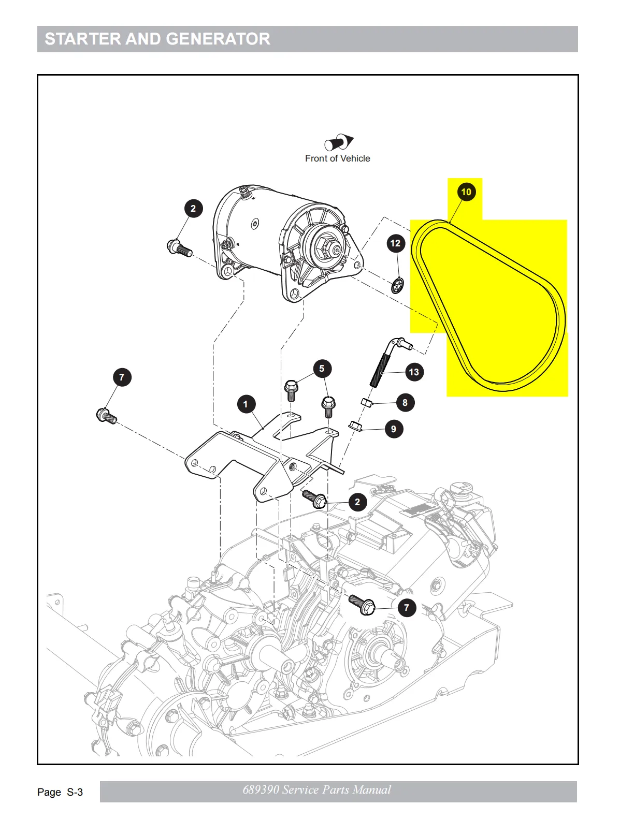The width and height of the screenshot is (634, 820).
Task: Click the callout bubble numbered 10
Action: tap(466, 192)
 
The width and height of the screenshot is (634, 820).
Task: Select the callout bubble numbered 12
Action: tap(395, 243)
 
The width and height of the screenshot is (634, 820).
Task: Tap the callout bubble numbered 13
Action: tap(413, 372)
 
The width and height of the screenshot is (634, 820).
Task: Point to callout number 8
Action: tap(405, 403)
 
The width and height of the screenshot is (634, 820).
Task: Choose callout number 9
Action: tap(394, 429)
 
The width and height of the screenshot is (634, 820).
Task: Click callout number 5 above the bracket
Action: tap(322, 369)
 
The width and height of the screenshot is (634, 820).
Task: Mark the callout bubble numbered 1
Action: tap(246, 404)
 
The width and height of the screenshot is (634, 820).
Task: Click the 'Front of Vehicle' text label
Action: tap(337, 158)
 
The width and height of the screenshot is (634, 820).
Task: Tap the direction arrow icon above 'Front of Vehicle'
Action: tap(339, 142)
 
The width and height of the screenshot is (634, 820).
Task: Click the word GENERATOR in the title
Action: tap(218, 39)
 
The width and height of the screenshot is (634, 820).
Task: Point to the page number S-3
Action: tap(75, 792)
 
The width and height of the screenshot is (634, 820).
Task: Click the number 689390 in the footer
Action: tap(261, 790)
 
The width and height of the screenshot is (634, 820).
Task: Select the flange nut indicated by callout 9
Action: tap(355, 426)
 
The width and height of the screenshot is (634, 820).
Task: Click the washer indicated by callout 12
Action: tap(398, 285)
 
